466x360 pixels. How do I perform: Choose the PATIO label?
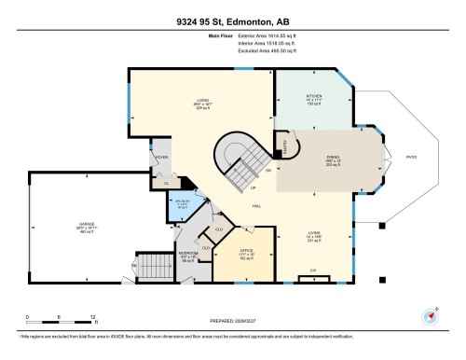click(x=410, y=158)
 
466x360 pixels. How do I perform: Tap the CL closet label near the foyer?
click(x=166, y=184)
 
